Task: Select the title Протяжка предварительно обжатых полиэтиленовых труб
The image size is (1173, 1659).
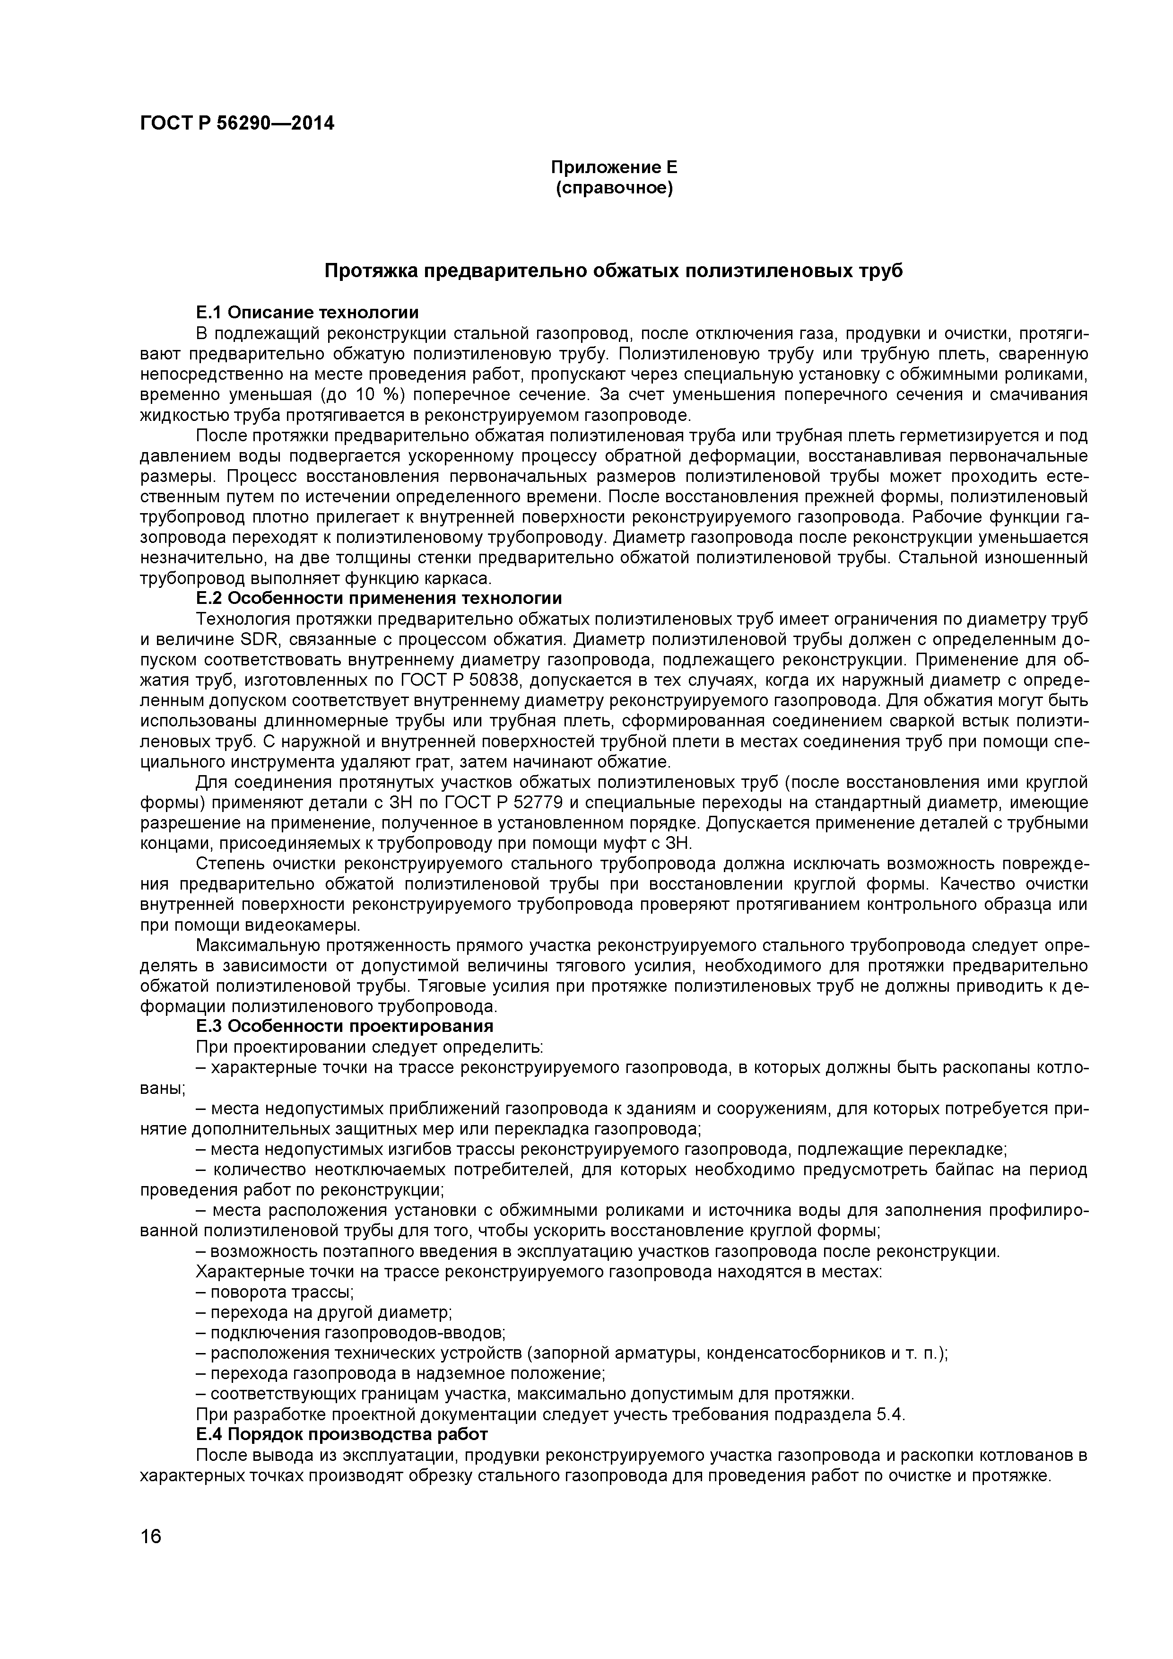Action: click(x=613, y=271)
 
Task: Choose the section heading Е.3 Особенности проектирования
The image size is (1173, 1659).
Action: click(x=345, y=1027)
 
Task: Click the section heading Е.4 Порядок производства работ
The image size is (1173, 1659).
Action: click(x=342, y=1433)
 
